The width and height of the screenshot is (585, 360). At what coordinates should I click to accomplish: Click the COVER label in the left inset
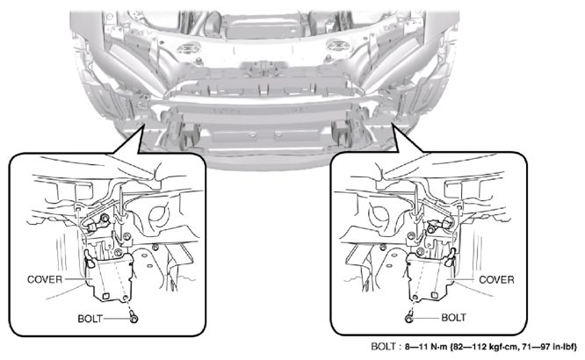click(45, 279)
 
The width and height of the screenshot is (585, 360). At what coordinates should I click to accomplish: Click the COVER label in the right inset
click(496, 280)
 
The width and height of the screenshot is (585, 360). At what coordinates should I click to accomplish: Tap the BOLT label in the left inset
click(90, 319)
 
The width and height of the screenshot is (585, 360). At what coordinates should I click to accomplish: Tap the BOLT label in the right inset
click(453, 318)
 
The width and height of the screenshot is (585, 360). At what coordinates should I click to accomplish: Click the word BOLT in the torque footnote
click(383, 347)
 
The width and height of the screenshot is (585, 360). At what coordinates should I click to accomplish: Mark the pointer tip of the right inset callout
click(392, 124)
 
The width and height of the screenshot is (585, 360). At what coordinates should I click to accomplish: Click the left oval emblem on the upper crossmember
click(189, 47)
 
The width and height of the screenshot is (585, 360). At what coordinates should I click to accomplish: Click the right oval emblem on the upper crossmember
click(339, 47)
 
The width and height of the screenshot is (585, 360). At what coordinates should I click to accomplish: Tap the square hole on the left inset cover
click(105, 296)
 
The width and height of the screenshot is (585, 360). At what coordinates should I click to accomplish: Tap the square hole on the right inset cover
click(434, 295)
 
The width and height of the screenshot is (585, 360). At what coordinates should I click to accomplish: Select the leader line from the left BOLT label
click(116, 319)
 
